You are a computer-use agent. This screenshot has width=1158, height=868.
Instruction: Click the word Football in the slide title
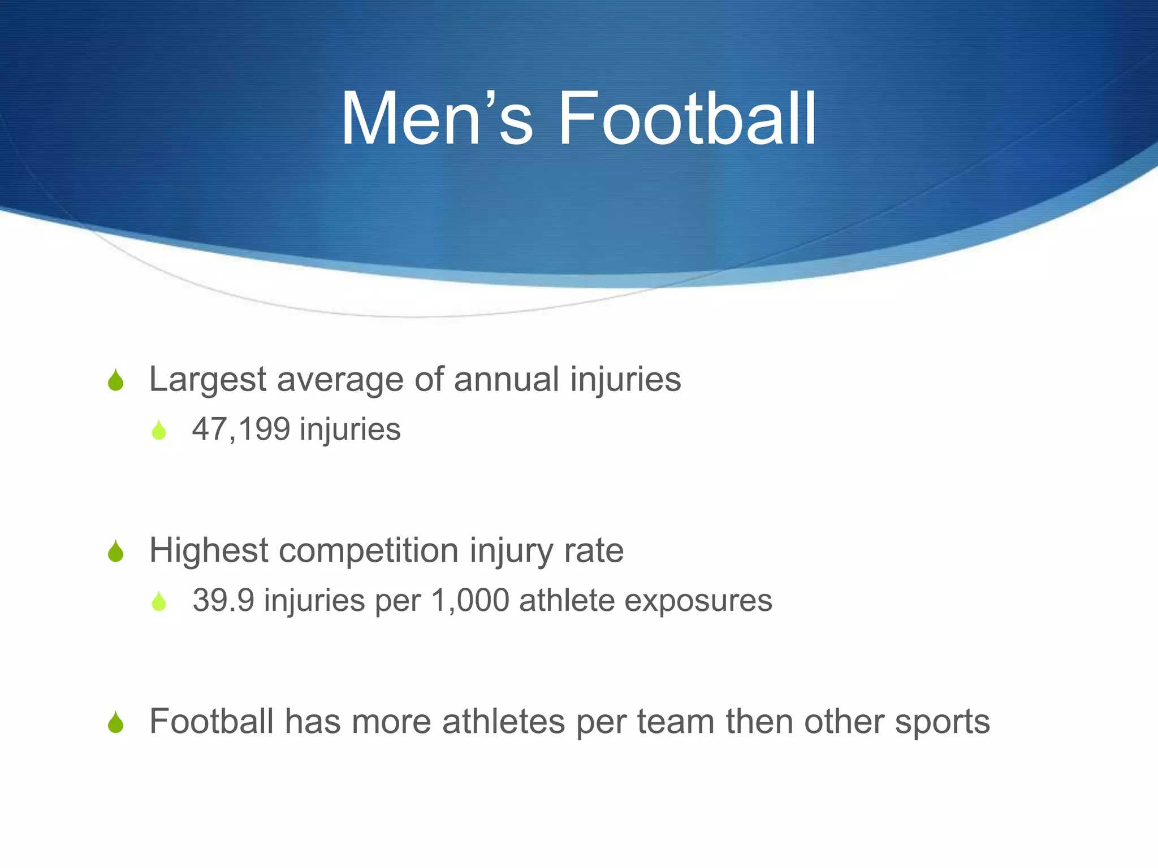click(687, 119)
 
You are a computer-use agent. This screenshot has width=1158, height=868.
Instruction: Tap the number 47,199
click(241, 429)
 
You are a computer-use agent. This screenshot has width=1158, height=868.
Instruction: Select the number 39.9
click(223, 600)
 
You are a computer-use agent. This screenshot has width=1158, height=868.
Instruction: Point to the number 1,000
click(470, 600)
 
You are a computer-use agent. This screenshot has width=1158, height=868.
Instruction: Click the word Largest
click(208, 379)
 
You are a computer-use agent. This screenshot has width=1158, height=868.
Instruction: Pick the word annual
click(506, 379)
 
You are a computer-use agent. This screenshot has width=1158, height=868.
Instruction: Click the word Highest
click(208, 550)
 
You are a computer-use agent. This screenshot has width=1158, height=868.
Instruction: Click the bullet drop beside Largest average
click(116, 380)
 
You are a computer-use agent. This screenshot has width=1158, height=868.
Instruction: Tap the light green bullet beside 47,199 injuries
click(159, 431)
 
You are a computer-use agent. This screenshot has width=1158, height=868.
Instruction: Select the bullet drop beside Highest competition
click(116, 552)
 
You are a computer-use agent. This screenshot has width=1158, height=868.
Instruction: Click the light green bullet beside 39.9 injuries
click(159, 602)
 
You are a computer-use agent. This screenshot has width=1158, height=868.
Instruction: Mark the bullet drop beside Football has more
click(116, 723)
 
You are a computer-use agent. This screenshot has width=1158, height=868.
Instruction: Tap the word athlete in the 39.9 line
click(567, 600)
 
